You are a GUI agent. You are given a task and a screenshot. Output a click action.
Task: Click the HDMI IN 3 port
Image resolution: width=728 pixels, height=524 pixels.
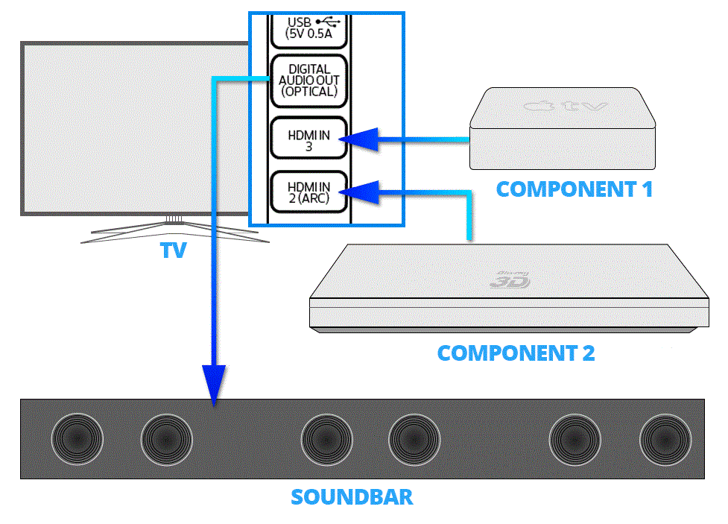tap(308, 137)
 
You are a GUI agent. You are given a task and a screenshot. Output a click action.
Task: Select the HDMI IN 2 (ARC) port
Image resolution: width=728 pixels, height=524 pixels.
tap(308, 192)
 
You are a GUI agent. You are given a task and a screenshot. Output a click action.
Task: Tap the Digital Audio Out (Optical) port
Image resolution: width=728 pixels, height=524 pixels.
tap(308, 81)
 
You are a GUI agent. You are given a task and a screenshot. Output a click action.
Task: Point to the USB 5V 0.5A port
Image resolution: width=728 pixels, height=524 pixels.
tap(308, 27)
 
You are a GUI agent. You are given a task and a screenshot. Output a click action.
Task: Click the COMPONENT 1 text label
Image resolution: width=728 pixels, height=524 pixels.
tap(574, 189)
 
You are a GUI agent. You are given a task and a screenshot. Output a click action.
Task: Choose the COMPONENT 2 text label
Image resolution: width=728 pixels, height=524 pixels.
tap(516, 353)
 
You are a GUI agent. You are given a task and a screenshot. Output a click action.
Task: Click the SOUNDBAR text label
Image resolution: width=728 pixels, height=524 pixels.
tap(352, 496)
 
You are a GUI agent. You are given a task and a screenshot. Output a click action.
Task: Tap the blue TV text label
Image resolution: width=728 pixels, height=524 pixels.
tap(173, 251)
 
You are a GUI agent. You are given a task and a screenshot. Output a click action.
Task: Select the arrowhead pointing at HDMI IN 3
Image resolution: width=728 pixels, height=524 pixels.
tap(362, 139)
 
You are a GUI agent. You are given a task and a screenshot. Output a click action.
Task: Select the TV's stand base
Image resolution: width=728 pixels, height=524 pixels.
tap(174, 233)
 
